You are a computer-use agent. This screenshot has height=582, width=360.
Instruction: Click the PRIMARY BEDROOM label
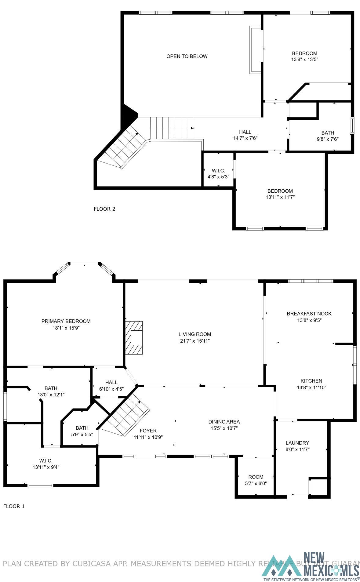coord(66,321)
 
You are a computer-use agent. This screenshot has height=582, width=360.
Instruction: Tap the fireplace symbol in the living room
coord(134,337)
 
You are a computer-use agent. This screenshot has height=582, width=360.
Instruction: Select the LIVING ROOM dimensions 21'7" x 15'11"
coord(195,341)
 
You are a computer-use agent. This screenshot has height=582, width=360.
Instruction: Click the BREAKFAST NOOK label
coord(309,314)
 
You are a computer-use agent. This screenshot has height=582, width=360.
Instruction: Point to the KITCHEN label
coord(311,381)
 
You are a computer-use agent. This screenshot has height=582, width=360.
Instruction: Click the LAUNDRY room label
coord(297,443)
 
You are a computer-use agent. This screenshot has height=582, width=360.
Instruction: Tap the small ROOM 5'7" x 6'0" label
coord(256,477)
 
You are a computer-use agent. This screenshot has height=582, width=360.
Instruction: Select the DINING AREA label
coord(224,422)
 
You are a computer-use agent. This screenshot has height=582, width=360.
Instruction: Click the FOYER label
coord(148,431)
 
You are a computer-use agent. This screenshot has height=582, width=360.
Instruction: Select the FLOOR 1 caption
coord(14,506)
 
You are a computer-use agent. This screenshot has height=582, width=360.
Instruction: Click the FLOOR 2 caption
coord(104,209)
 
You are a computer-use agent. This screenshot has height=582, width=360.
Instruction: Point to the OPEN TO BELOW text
coord(187,56)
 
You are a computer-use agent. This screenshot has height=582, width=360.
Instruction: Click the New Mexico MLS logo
coord(311,567)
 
